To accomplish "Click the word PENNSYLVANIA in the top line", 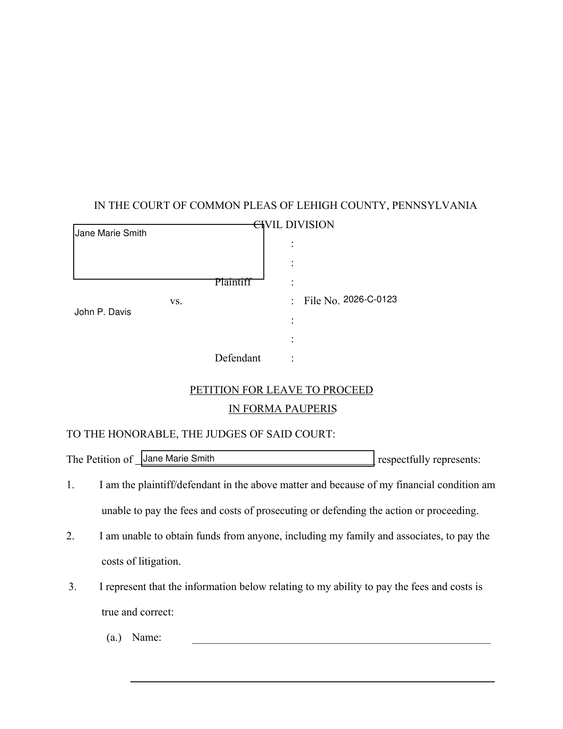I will (434, 206).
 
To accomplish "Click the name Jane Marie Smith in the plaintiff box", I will (111, 233).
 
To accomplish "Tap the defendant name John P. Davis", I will (103, 312).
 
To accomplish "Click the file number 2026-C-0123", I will (370, 299).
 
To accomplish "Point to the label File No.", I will (321, 301).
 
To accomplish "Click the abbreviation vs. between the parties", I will (176, 301).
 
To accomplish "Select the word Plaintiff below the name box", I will (233, 282).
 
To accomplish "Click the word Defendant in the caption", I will (237, 358).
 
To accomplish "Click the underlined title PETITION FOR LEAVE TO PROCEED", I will (281, 390).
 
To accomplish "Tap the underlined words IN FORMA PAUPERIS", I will (282, 409).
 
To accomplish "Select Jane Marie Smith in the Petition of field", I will (178, 459).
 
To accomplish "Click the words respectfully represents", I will (429, 460).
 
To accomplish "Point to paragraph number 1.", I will (70, 485).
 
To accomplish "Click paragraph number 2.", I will (70, 536).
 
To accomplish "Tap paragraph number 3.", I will (72, 587).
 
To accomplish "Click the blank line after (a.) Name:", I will (341, 639).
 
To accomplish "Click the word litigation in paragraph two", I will (159, 561).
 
